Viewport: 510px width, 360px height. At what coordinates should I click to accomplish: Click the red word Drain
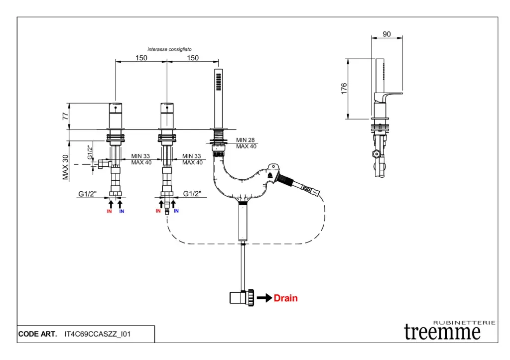pos(286,298)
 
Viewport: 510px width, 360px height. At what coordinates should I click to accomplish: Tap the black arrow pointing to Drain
pos(264,298)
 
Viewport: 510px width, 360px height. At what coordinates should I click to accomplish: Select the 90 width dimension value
pos(387,34)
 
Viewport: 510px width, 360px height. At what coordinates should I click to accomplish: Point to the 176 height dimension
pos(344,89)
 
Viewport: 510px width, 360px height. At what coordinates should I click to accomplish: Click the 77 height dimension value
pos(65,117)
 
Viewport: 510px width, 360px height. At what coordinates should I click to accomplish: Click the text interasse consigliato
pos(169,49)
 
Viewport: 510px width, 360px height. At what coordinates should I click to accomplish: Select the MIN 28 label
pos(246,140)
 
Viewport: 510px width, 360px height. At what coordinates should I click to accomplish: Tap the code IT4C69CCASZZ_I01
pos(98,334)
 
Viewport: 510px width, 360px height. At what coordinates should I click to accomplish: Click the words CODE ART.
pos(37,334)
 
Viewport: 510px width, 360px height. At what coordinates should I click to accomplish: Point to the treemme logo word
pos(442,332)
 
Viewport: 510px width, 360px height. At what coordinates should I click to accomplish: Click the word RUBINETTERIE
pos(465,323)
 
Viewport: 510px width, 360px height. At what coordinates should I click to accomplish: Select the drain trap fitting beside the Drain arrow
pos(242,298)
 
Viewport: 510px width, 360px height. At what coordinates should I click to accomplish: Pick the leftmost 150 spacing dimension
pos(141,58)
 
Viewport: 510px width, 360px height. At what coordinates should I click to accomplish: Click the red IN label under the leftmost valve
pos(109,212)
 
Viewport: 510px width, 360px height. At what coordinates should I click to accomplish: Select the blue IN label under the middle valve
pos(176,211)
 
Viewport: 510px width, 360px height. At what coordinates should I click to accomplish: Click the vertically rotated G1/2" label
pos(90,152)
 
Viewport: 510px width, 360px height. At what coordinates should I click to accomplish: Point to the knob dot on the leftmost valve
pos(116,107)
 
